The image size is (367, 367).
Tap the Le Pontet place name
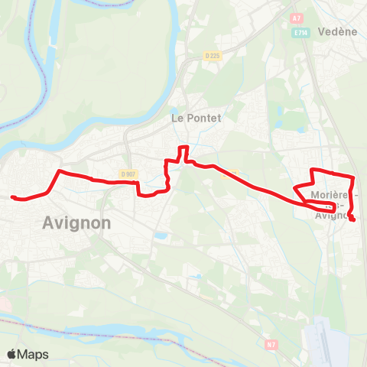pyautogui.click(x=195, y=118)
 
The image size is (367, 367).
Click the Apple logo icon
pyautogui.click(x=12, y=354)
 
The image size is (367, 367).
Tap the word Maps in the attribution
pyautogui.click(x=34, y=354)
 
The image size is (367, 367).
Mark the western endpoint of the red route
pyautogui.click(x=13, y=197)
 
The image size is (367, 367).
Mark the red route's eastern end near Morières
pyautogui.click(x=353, y=220)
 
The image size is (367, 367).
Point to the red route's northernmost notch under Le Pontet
pyautogui.click(x=183, y=147)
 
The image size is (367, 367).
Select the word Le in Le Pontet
pyautogui.click(x=177, y=118)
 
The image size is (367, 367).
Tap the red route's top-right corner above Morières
pyautogui.click(x=351, y=178)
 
